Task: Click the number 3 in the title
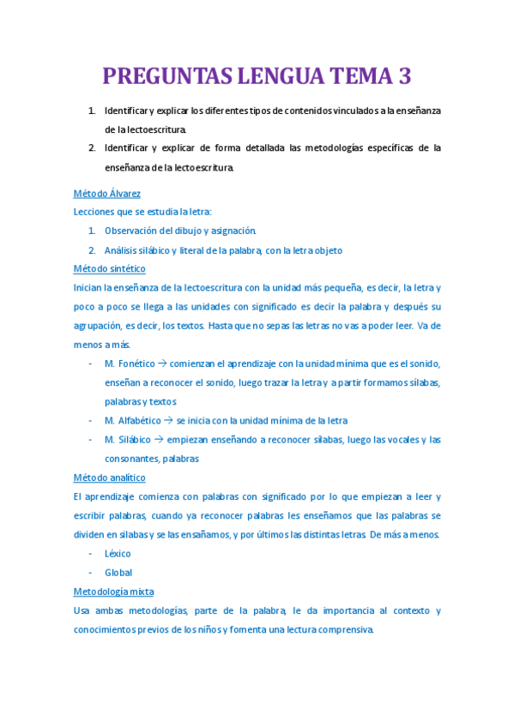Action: (x=404, y=77)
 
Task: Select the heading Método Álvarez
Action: (x=107, y=194)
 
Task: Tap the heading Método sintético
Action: (x=110, y=268)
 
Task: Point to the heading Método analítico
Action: (x=110, y=478)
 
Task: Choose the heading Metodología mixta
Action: (x=114, y=592)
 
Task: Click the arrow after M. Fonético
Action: (x=162, y=363)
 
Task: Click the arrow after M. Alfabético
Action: (x=169, y=420)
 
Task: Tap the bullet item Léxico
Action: (x=118, y=554)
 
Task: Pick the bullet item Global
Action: (x=118, y=573)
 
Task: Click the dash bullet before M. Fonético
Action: (x=91, y=363)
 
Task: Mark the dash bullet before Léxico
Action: (x=91, y=554)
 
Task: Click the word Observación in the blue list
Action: (x=133, y=231)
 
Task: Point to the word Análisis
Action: (x=124, y=250)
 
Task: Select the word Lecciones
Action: (x=96, y=212)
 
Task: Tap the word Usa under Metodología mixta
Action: (x=82, y=610)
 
